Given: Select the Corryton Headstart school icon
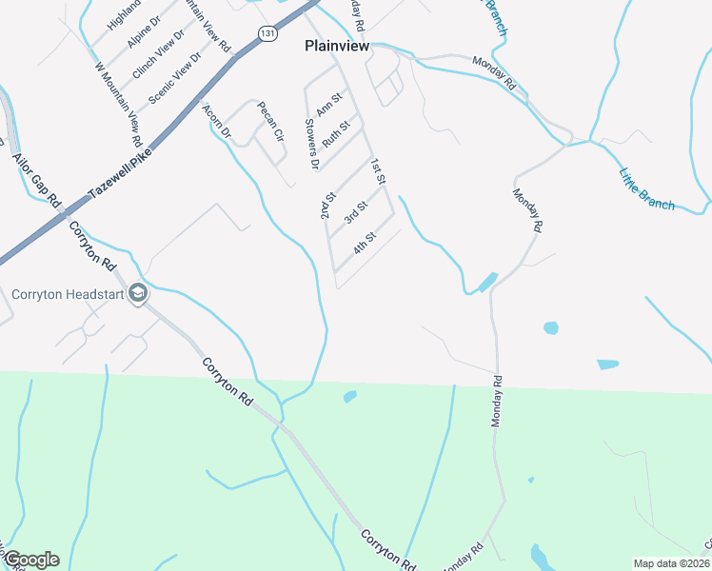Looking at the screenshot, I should (x=138, y=293).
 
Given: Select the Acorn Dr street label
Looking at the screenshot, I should (x=218, y=122).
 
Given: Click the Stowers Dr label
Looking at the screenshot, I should (x=310, y=144).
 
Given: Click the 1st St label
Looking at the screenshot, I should (x=378, y=171).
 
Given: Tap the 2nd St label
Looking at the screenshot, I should (x=328, y=206).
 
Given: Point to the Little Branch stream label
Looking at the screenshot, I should (x=646, y=188).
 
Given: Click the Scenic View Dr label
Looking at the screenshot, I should (x=169, y=78).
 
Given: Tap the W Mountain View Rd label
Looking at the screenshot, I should (x=119, y=104).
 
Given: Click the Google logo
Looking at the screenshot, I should (x=31, y=560).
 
